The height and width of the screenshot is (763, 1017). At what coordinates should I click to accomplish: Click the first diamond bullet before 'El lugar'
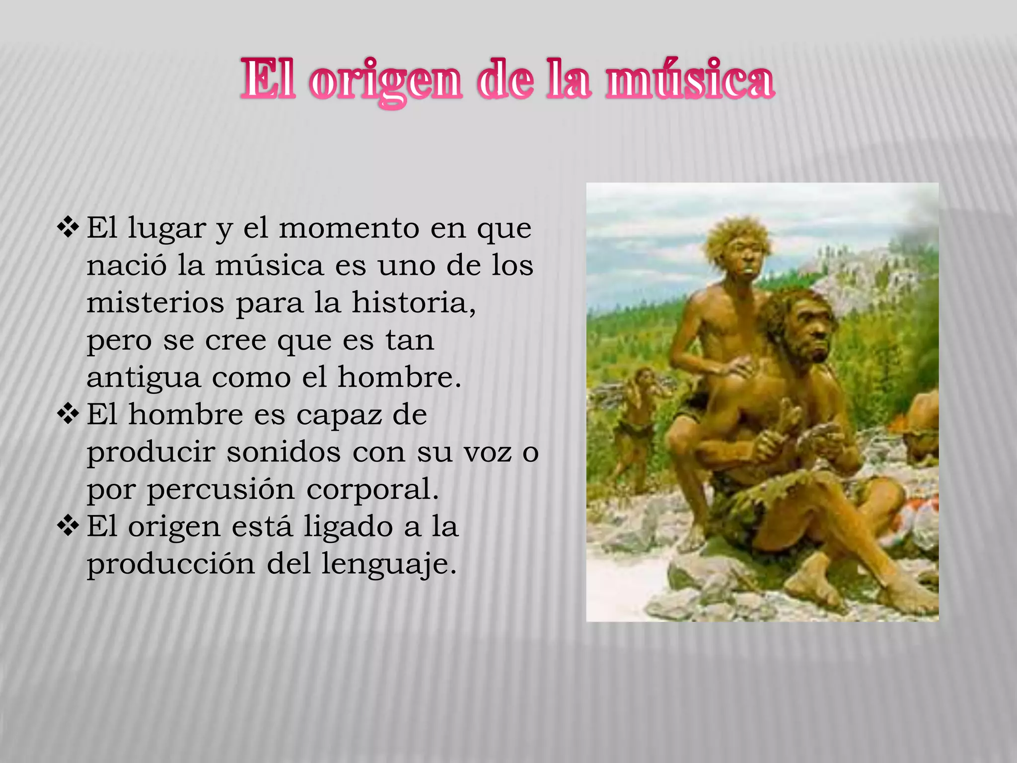(68, 227)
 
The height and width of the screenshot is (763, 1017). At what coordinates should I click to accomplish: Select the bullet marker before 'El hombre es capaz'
(68, 414)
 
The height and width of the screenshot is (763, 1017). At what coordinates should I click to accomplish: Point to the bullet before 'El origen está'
(68, 526)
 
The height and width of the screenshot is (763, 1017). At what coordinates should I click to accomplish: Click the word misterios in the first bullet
(155, 303)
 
